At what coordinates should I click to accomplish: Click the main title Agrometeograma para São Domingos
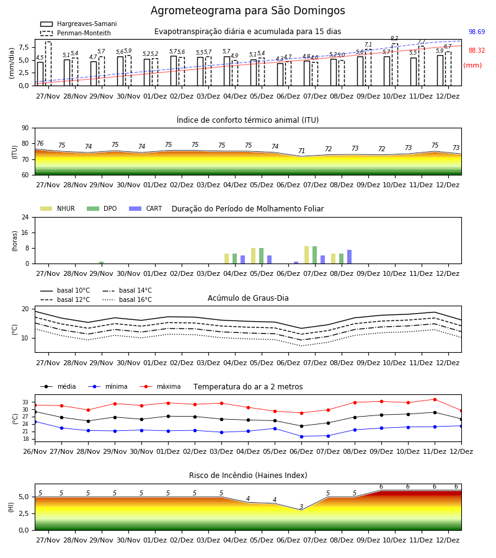pos(247,11)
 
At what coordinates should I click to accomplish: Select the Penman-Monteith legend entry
pos(76,33)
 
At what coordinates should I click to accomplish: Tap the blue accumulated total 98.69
pos(477,32)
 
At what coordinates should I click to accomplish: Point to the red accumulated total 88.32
pos(477,50)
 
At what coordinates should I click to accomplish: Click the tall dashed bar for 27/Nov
pos(48,64)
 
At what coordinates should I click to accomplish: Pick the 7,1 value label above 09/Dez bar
pos(368,45)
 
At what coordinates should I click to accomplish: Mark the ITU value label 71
pos(301,151)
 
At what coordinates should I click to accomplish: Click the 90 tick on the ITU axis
pos(25,128)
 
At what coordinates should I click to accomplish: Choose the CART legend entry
pos(146,208)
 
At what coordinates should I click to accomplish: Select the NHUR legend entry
pos(58,208)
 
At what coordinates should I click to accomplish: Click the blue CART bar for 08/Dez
pos(350,257)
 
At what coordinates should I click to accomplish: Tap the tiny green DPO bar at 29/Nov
pos(102,263)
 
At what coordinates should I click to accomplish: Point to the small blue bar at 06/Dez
pos(296,263)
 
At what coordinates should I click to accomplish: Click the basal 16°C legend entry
pos(127,299)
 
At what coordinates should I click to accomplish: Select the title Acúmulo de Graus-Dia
pos(248,298)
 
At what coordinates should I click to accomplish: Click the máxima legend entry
pos(160,386)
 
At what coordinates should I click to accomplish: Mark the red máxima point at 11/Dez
pos(435,400)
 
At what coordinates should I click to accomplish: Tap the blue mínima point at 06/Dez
pos(302,436)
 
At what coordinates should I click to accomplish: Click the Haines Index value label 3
pos(301,507)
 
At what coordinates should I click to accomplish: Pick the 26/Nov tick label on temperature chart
pos(35,451)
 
